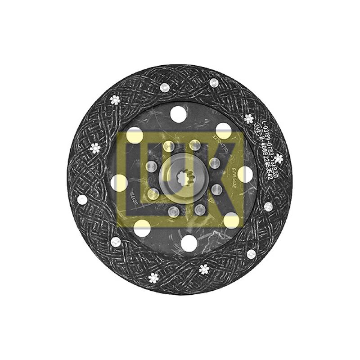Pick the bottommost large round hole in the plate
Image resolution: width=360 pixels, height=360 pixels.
click(x=185, y=247)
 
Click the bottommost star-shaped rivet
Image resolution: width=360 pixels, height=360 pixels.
click(x=153, y=278)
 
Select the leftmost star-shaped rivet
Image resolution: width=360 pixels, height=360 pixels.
click(x=94, y=147)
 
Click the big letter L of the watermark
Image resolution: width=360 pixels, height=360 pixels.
click(x=135, y=175)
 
